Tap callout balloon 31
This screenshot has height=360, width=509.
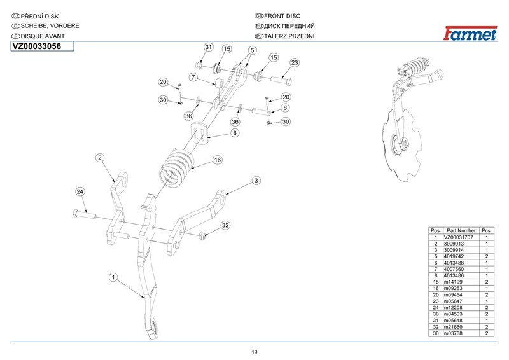click(207, 48)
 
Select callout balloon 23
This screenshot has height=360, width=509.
click(295, 62)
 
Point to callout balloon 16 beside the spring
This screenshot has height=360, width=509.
click(217, 160)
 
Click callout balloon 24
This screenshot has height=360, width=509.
click(80, 191)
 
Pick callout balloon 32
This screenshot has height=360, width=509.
click(225, 226)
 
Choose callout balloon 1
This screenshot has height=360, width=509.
click(113, 277)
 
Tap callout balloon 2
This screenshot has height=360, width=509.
click(100, 157)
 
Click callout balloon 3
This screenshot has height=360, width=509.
click(256, 181)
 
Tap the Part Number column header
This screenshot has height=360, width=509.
click(461, 230)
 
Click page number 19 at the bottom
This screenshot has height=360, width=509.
click(254, 353)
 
